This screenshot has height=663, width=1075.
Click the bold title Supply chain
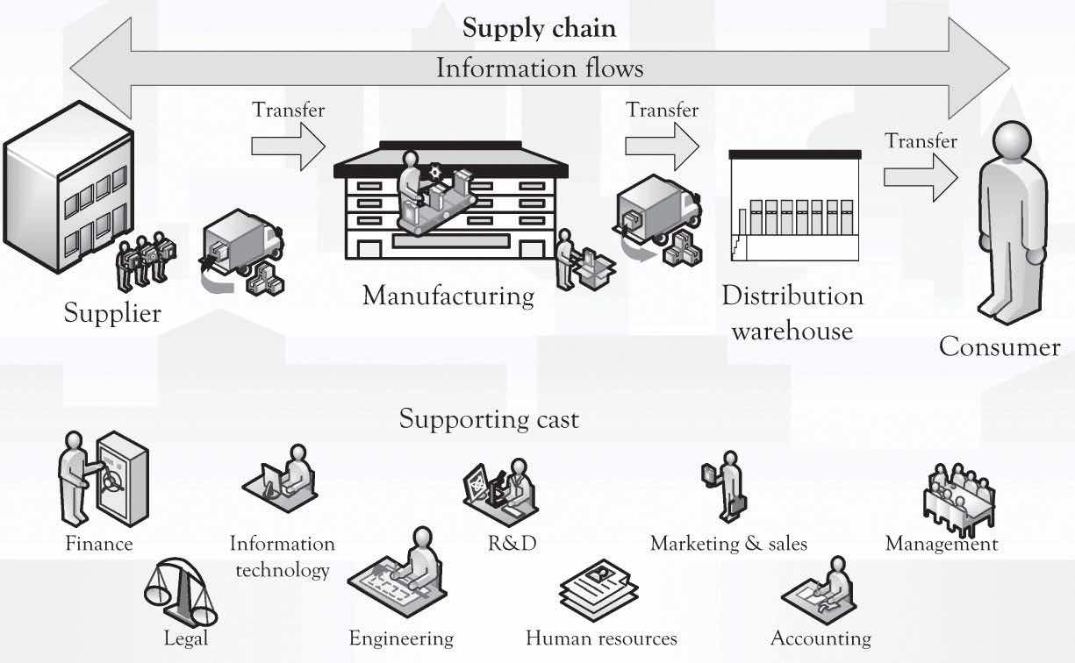[x=539, y=28]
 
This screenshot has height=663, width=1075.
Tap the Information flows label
[x=539, y=68]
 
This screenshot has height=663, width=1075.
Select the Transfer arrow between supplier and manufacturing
[x=287, y=145]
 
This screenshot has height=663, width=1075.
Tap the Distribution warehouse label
[x=792, y=313]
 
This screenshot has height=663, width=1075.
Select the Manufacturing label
[x=448, y=296]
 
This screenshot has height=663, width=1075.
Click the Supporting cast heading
[x=489, y=419]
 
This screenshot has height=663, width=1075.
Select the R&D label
[x=512, y=544]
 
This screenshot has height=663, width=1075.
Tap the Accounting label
[x=821, y=638]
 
